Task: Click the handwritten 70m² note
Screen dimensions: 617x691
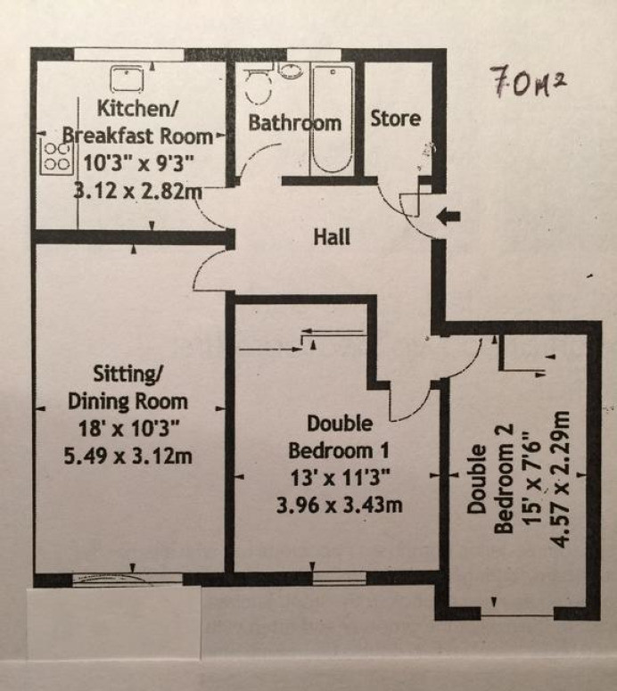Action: tap(528, 81)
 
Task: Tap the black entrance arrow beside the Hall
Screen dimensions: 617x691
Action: tap(448, 217)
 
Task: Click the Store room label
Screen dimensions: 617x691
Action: tap(395, 119)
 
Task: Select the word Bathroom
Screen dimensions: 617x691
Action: tap(295, 122)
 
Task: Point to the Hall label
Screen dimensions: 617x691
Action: tap(332, 236)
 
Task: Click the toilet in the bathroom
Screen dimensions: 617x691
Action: tap(258, 84)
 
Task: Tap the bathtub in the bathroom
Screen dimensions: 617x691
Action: tap(332, 119)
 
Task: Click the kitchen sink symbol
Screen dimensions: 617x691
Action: tap(127, 78)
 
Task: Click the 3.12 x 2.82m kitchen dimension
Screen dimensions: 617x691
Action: tap(137, 192)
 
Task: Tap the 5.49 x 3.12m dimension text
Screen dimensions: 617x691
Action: tap(128, 456)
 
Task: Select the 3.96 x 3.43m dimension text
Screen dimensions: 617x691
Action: tap(340, 505)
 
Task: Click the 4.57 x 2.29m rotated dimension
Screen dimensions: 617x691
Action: tap(561, 479)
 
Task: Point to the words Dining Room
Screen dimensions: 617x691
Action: tap(128, 401)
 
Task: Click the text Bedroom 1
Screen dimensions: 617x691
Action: tap(339, 450)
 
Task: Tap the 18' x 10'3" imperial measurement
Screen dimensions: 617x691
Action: tap(128, 428)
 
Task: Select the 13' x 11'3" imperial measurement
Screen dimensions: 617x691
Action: tap(340, 478)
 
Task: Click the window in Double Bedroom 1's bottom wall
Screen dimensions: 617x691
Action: tap(340, 578)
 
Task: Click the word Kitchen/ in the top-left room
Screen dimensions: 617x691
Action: tap(137, 109)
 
